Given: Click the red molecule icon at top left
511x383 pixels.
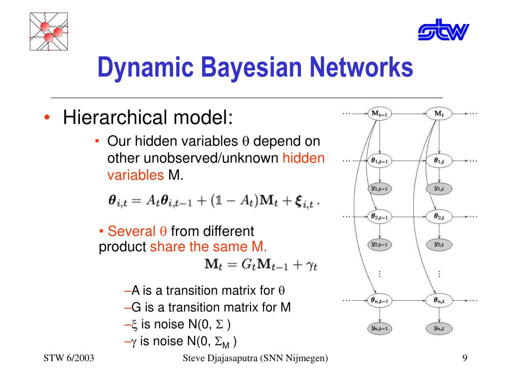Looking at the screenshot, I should [x=48, y=31].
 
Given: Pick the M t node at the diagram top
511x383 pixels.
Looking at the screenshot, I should [x=439, y=113].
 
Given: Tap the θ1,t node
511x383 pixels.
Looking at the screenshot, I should [x=439, y=161].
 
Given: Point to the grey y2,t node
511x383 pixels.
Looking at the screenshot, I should [x=439, y=244].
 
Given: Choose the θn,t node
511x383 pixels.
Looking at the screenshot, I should [x=439, y=300].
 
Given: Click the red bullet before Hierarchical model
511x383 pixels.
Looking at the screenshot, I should [x=46, y=119].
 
